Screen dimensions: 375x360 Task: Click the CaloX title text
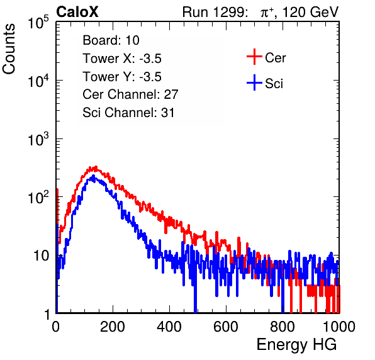pos(77,12)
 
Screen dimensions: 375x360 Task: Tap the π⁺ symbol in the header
pos(267,13)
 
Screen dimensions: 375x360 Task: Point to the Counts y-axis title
pos(9,49)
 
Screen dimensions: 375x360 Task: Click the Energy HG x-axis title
pos(297,344)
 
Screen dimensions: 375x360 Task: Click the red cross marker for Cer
pos(254,57)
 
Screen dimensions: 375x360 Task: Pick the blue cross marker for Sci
pos(254,82)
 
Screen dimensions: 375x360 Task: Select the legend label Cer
pos(276,58)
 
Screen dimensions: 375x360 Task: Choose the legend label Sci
pos(274,84)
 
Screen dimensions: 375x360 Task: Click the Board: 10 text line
pos(111,40)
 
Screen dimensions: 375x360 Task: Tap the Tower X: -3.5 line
pos(122,59)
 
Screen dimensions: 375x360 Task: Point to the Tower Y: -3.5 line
pos(122,77)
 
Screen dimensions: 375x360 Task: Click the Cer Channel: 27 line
pos(130,94)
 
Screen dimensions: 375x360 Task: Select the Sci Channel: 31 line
pos(128,113)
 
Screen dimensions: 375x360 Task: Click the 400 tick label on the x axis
pos(169,327)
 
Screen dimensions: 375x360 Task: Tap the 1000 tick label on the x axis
pos(339,327)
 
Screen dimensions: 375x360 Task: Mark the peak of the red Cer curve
pos(96,167)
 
